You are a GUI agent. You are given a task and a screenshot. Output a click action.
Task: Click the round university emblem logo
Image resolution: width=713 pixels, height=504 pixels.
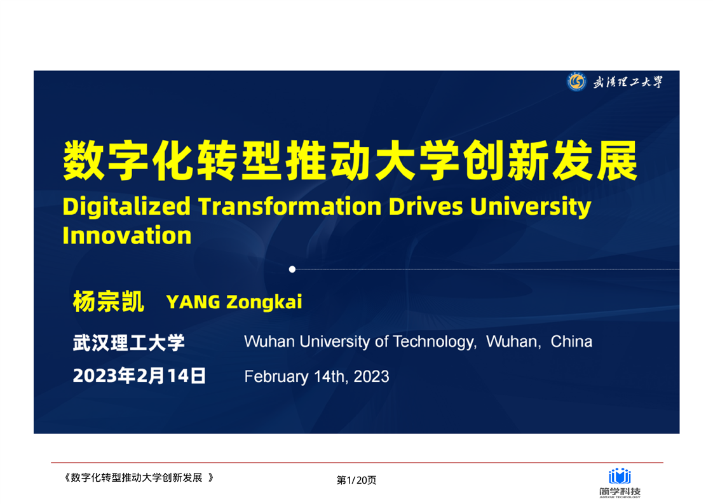pos(576,82)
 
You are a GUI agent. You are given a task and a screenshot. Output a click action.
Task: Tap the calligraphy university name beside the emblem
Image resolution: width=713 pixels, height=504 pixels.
pos(628,82)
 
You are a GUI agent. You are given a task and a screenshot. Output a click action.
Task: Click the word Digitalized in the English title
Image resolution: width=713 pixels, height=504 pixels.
pos(126,207)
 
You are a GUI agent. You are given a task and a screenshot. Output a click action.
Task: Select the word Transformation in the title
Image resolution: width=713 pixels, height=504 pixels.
pos(290,206)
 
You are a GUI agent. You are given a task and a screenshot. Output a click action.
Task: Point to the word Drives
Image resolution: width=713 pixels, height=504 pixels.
pos(426,206)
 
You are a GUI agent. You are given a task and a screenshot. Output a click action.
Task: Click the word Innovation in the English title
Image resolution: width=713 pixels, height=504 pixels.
pos(127,236)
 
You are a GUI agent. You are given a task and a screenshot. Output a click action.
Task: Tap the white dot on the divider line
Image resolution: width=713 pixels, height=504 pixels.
pos(292,269)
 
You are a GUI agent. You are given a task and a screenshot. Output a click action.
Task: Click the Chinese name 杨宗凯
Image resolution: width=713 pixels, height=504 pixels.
pos(109,302)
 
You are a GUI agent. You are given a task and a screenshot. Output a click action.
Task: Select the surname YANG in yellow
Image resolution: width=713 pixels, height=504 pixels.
pos(193,302)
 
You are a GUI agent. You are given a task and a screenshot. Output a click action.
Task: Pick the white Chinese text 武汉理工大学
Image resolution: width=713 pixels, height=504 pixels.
pos(129,343)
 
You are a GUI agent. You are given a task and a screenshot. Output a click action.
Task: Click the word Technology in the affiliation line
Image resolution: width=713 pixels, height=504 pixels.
pos(434,341)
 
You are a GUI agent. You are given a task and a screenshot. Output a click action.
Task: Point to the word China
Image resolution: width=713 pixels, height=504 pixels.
pos(571,341)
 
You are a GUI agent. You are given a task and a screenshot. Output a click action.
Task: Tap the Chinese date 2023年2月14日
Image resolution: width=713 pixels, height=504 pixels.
pos(139,376)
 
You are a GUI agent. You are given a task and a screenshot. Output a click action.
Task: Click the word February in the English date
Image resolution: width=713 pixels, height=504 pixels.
pos(276,377)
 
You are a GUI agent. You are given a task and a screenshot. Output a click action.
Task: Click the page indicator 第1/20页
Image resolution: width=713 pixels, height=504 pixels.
pos(356,480)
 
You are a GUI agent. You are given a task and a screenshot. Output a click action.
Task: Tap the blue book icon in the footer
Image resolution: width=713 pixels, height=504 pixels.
pos(620,476)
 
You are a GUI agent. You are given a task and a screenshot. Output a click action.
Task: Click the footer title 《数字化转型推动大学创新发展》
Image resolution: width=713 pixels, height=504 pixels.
pos(139,477)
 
